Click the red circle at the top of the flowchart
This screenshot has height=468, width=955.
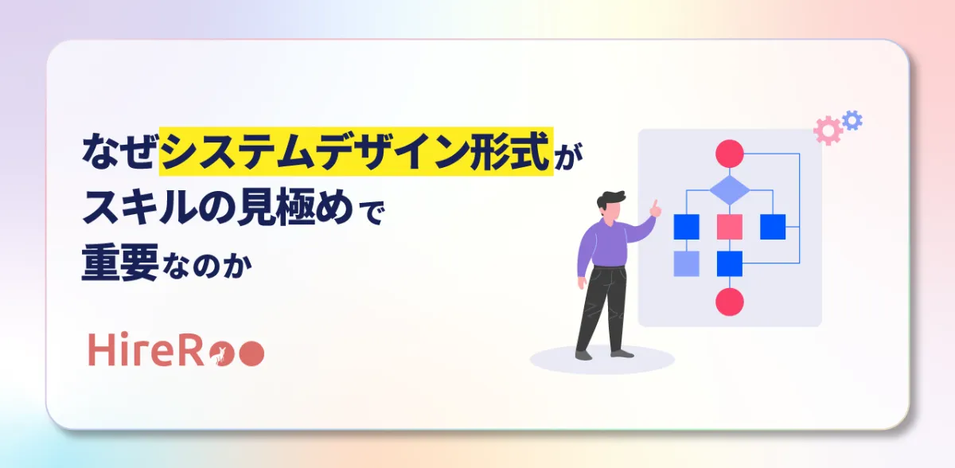click(x=729, y=153)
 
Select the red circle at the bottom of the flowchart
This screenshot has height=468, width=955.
click(x=729, y=302)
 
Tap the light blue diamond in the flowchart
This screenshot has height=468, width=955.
click(x=729, y=190)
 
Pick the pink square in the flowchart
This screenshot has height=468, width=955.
click(x=729, y=227)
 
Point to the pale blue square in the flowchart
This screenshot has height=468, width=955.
click(x=686, y=263)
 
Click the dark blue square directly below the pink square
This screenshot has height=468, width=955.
click(x=729, y=263)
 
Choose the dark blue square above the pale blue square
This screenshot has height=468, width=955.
click(x=686, y=227)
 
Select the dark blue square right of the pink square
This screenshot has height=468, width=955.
click(x=772, y=227)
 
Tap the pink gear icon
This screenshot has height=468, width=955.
click(x=828, y=131)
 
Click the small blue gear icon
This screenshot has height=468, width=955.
click(x=852, y=120)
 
